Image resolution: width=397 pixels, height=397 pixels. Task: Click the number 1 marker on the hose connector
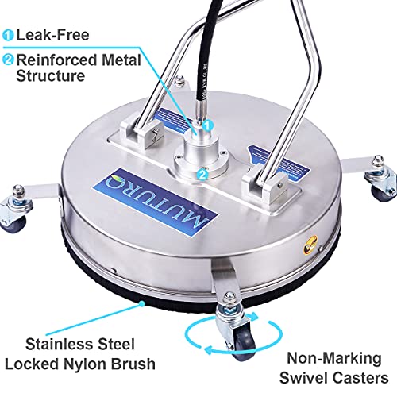[x=206, y=125]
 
